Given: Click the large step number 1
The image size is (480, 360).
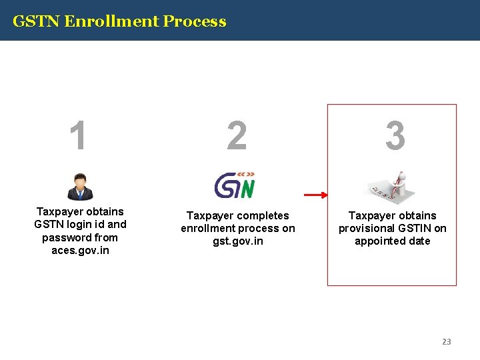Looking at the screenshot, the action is [79, 135].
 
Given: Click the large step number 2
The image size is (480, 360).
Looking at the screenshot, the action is [237, 135].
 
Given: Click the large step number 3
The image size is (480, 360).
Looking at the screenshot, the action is [395, 135].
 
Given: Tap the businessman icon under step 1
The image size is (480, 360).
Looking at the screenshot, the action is [80, 186].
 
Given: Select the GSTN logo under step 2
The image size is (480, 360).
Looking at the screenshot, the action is [235, 185].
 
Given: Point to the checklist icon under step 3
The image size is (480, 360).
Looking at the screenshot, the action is [393, 187].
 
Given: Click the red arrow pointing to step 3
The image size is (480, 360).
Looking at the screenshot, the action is [316, 195].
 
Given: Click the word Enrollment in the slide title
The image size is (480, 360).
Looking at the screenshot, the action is [113, 21].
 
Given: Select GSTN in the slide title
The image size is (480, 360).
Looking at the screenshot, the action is [37, 21].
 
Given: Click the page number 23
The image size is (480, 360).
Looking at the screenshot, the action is [446, 341].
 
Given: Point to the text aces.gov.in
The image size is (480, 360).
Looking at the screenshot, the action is [80, 251].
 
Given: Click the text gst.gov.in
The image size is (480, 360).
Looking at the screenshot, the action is [238, 241].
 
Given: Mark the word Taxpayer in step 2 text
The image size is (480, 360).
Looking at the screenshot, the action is [210, 216].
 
